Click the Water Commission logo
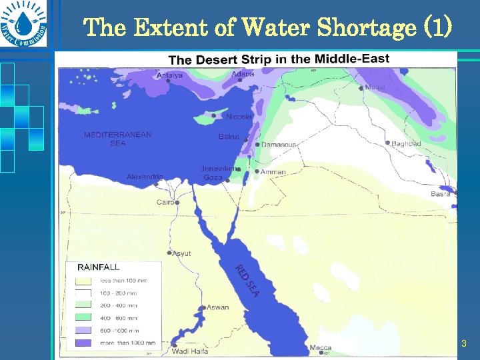tap(25, 25)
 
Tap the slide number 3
tap(464, 344)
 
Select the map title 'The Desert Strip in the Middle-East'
tap(279, 59)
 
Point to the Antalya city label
tap(169, 75)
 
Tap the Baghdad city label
tap(406, 144)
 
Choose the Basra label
tap(440, 194)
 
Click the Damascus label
tap(278, 145)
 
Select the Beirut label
tap(229, 137)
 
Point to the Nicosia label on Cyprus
tap(239, 117)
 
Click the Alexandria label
tap(145, 177)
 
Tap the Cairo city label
tap(165, 202)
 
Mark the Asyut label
tap(181, 253)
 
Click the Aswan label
tap(217, 307)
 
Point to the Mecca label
tap(321, 347)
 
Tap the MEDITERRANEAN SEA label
tap(117, 139)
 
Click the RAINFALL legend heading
tap(99, 267)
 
